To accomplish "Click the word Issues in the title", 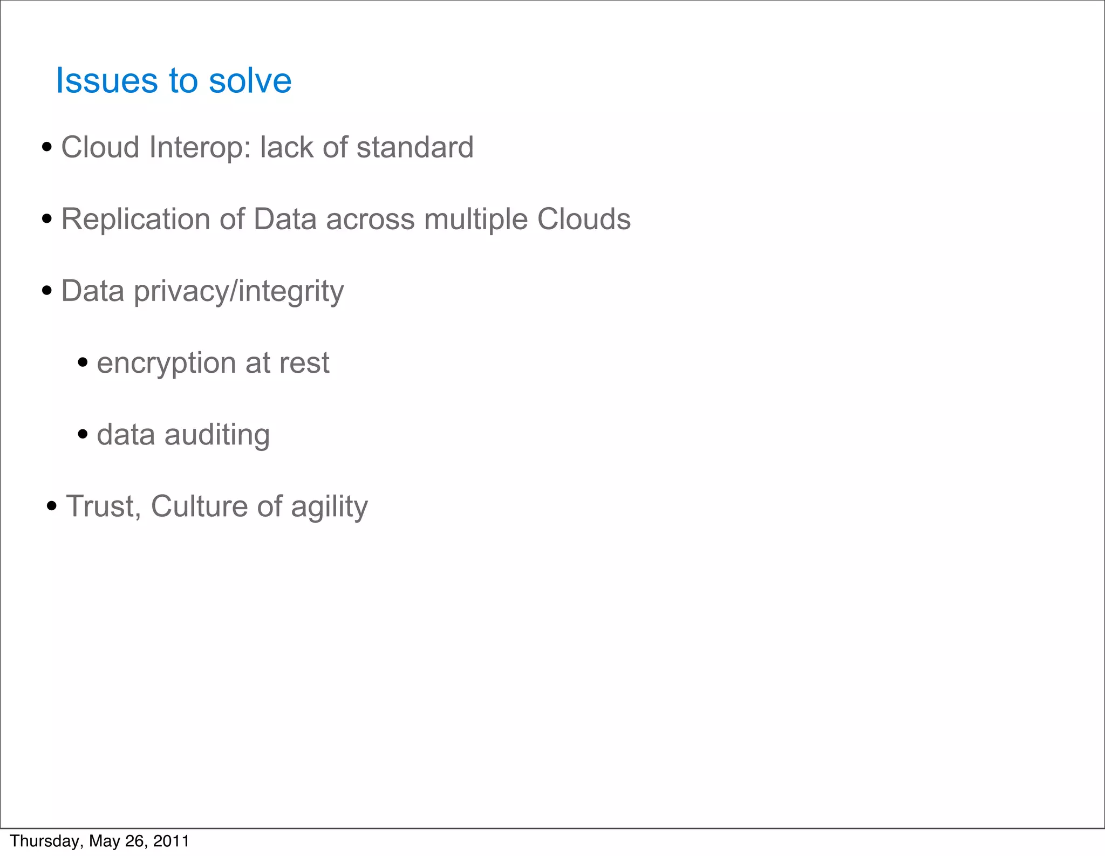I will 106,81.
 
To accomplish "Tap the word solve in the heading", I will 250,81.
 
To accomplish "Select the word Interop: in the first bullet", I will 200,147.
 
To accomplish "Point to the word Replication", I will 135,220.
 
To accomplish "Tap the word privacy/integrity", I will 238,292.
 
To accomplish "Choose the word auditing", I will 217,435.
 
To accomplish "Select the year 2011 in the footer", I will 171,841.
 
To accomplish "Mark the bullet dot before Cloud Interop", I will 47,147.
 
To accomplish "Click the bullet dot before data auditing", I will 83,434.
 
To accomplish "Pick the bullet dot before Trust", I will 52,506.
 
